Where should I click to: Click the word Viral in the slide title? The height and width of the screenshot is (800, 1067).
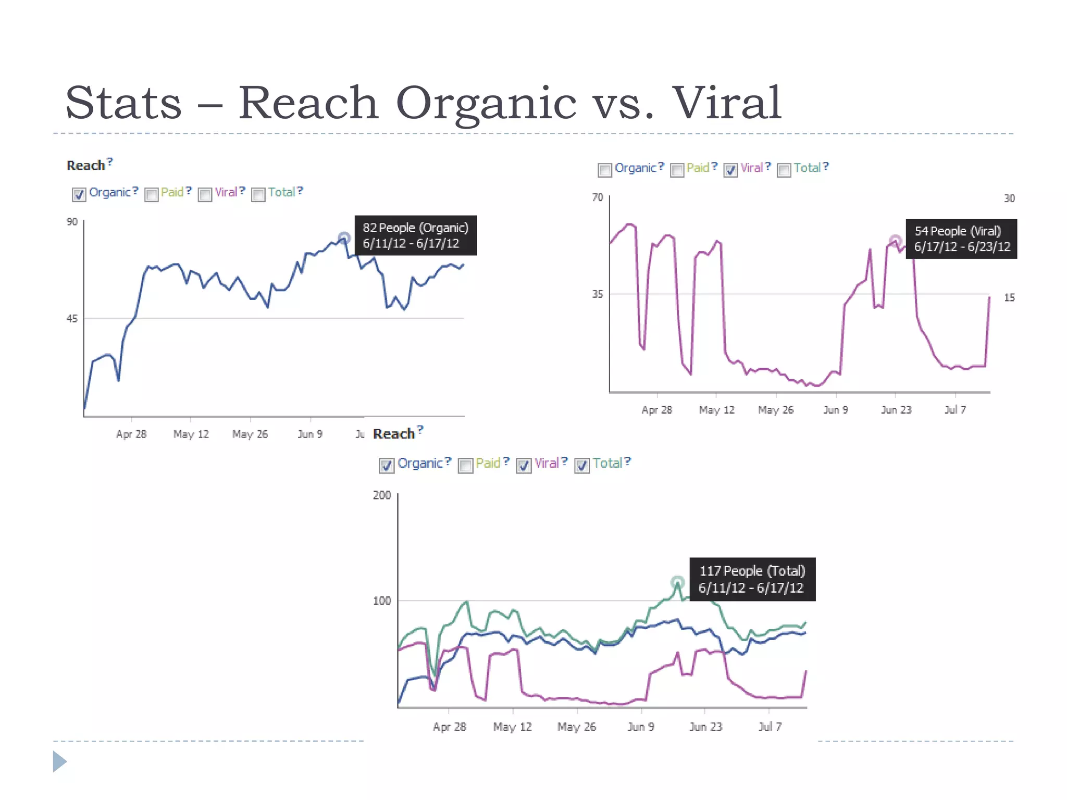(727, 103)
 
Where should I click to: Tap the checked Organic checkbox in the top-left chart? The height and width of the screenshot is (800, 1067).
(79, 195)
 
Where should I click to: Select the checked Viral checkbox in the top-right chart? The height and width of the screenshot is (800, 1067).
(730, 170)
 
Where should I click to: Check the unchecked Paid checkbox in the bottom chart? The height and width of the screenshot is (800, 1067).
(466, 465)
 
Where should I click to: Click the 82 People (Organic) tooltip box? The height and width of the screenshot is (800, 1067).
(415, 235)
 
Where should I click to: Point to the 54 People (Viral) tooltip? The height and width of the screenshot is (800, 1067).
(961, 239)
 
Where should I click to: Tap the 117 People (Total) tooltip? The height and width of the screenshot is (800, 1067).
(752, 579)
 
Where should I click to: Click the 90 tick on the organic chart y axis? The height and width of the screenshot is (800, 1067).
(72, 222)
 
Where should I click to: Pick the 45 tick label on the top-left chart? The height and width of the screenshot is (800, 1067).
(72, 319)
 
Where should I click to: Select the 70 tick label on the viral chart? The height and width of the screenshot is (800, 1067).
(598, 197)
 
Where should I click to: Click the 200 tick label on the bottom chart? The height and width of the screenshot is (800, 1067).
(382, 495)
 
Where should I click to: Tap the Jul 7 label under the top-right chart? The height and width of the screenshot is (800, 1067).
(955, 410)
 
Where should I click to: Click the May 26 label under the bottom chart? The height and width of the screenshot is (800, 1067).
(576, 727)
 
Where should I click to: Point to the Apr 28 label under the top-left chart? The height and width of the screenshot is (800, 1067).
(131, 434)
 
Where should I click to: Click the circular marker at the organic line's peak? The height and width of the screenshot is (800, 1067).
(344, 239)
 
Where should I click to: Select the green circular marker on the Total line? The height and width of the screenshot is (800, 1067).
(677, 582)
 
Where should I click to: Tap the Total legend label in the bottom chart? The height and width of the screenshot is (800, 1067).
(607, 463)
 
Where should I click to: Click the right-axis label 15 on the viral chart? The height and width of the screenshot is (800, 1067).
(1009, 298)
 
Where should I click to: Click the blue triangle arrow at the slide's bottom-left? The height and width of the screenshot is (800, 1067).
(59, 761)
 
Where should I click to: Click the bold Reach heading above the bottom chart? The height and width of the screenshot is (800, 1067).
(393, 434)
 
